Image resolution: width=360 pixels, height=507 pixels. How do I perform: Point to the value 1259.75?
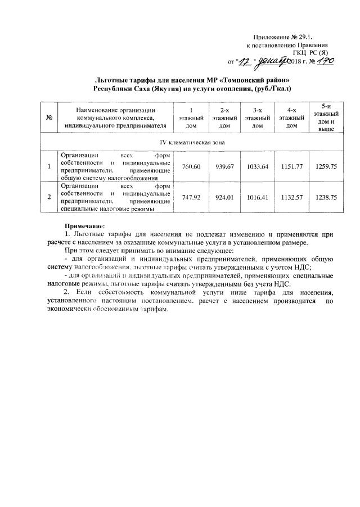point(326,166)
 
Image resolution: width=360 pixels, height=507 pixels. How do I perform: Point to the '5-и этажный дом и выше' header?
point(326,117)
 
